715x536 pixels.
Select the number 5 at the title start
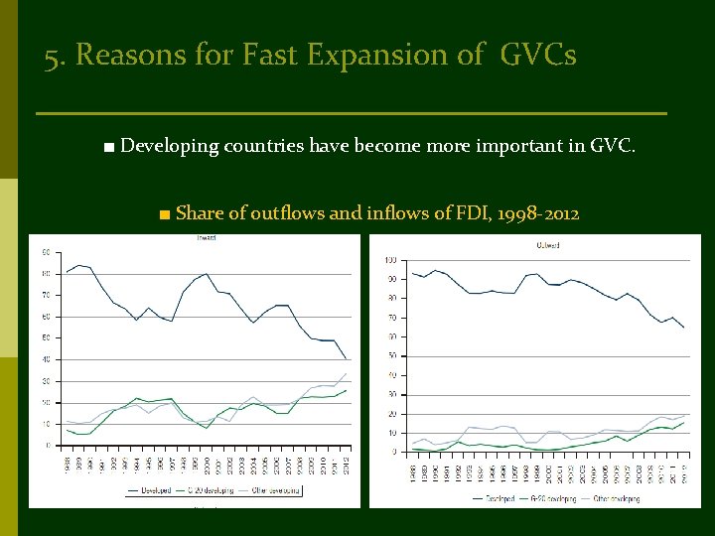pyautogui.click(x=52, y=56)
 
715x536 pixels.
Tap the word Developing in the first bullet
pyautogui.click(x=168, y=147)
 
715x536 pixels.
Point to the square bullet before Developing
pyautogui.click(x=107, y=148)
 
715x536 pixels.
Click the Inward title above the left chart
pyautogui.click(x=206, y=239)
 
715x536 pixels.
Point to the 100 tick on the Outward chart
pyautogui.click(x=390, y=260)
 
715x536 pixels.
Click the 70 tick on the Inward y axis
pyautogui.click(x=45, y=295)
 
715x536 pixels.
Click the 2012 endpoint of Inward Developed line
pyautogui.click(x=346, y=358)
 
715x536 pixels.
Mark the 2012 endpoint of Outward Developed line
pyautogui.click(x=683, y=327)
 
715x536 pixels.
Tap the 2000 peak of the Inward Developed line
pyautogui.click(x=206, y=273)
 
